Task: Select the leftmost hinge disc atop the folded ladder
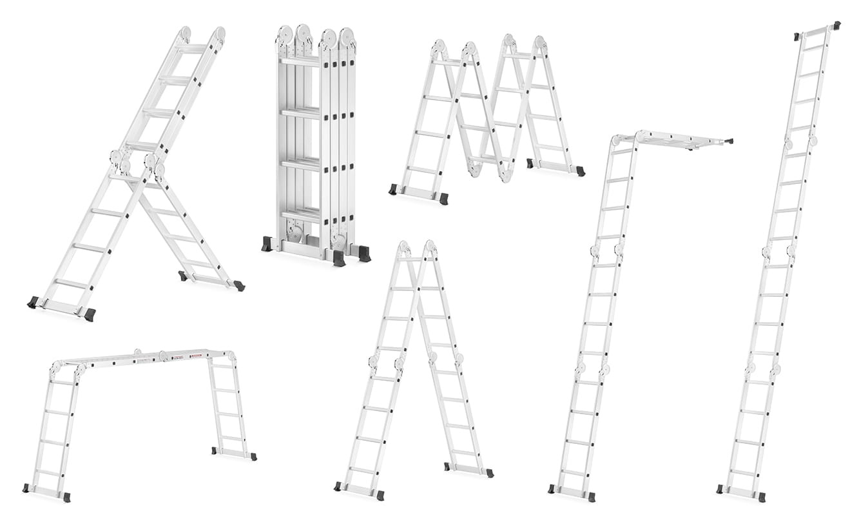tap(285, 35)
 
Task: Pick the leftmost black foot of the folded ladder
tap(267, 245)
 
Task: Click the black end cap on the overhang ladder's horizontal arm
tap(729, 141)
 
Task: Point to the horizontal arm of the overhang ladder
tap(683, 139)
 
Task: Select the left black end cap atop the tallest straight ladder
tap(797, 37)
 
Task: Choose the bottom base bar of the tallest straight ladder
tap(741, 493)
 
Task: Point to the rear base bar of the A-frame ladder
tap(468, 469)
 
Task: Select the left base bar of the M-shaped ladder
tap(418, 193)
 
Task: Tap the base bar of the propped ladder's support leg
tap(211, 279)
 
